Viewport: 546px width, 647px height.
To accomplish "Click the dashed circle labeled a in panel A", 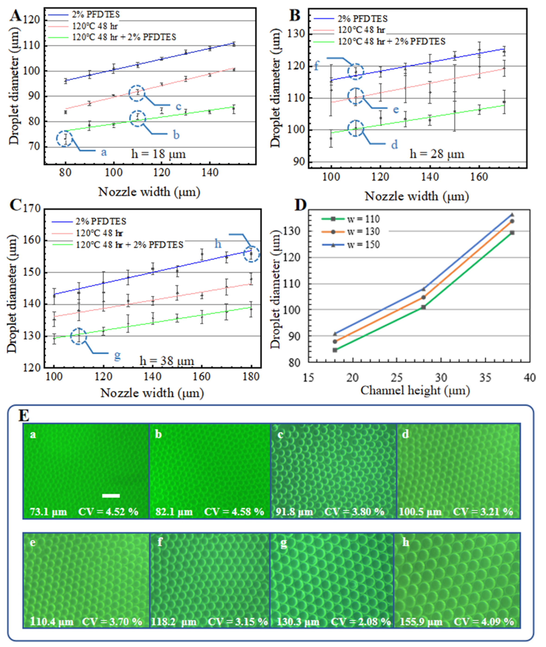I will click(64, 139).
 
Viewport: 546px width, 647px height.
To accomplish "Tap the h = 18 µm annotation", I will click(158, 154).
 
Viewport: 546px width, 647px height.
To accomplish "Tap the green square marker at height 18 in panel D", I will click(335, 350).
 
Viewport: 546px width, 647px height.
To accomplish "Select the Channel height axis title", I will click(415, 391).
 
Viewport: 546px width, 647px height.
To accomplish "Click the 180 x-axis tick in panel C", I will click(251, 377).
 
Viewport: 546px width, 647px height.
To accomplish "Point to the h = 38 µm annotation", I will click(167, 361).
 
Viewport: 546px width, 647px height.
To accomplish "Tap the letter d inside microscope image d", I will click(405, 435).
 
